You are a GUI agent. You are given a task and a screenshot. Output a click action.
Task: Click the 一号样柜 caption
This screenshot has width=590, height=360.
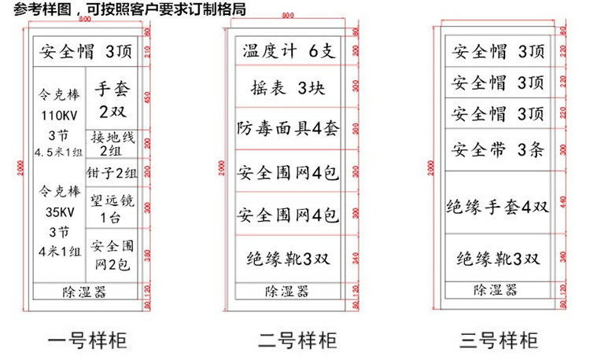pyautogui.click(x=87, y=340)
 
